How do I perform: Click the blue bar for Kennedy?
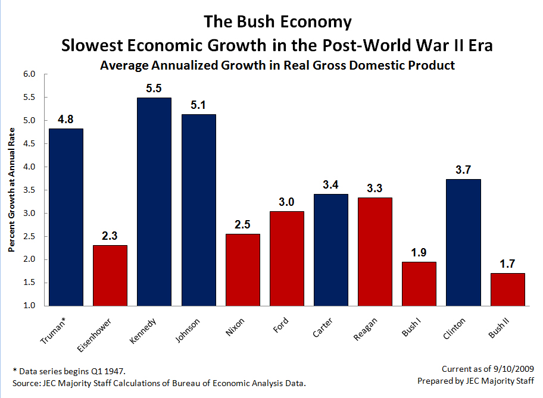(154, 202)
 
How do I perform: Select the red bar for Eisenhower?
(110, 275)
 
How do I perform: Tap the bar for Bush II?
(507, 289)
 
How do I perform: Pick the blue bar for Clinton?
(463, 242)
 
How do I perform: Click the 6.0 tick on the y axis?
(29, 74)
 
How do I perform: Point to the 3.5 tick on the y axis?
(29, 190)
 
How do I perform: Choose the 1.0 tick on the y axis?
(29, 306)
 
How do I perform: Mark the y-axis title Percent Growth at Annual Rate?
(11, 190)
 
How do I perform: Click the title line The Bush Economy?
(277, 23)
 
